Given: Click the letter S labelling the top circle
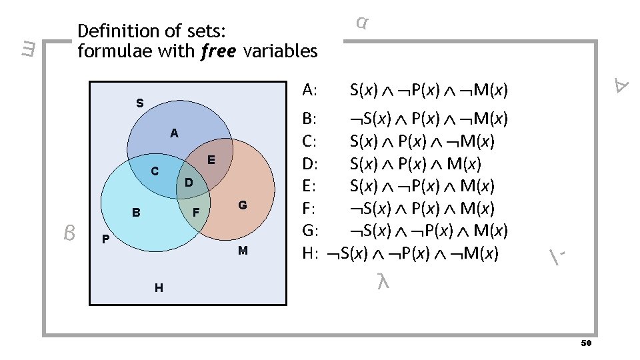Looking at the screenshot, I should [x=139, y=103].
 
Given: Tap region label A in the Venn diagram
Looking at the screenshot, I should [x=174, y=133].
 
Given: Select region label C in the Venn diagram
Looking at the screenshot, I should [x=155, y=171].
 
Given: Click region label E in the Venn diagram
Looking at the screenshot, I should [x=210, y=160].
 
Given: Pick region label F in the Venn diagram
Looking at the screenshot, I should [x=196, y=213].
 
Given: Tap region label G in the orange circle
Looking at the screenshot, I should [x=243, y=205].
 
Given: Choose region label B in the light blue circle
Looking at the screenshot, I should [x=136, y=213].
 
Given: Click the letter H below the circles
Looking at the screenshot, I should [x=158, y=288].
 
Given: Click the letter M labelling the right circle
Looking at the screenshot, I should [x=243, y=251].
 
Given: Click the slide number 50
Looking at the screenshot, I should [x=586, y=343].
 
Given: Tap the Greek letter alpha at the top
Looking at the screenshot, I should [x=361, y=23].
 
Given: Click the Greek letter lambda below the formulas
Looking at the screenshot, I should [x=382, y=282].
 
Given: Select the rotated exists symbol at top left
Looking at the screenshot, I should [x=27, y=49].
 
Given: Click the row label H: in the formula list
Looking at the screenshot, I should [x=310, y=253].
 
